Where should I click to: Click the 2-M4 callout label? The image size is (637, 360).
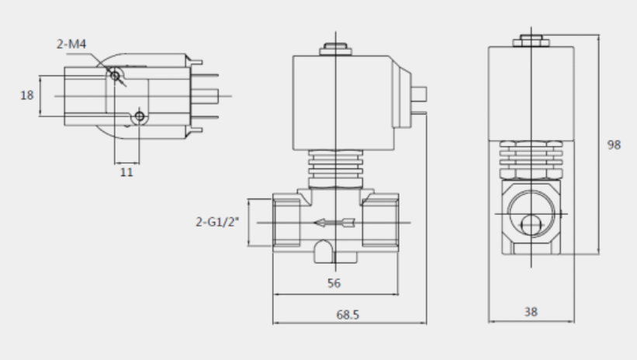(71, 44)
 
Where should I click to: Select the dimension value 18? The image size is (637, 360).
(27, 95)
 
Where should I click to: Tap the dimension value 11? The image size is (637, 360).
(126, 172)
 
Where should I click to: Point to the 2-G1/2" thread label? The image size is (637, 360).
(217, 222)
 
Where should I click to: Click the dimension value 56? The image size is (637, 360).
(334, 283)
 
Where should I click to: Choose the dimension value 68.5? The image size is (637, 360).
(348, 314)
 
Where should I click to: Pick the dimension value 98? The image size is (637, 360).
(614, 144)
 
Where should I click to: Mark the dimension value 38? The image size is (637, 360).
(531, 312)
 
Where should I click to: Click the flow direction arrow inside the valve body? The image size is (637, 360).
(334, 223)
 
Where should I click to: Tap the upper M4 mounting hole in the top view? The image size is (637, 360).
(115, 76)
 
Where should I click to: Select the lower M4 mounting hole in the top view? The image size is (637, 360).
(140, 116)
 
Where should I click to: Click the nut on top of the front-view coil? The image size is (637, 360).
(335, 49)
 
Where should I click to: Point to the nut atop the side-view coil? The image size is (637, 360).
(531, 41)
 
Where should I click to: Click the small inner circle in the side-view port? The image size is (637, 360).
(531, 225)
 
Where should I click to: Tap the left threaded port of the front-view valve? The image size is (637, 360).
(287, 223)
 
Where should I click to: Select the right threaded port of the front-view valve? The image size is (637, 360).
(380, 223)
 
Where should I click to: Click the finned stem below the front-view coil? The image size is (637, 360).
(335, 169)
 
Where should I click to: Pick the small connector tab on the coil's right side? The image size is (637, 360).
(419, 94)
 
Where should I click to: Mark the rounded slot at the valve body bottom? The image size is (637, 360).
(324, 251)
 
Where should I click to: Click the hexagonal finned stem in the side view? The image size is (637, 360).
(531, 160)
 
